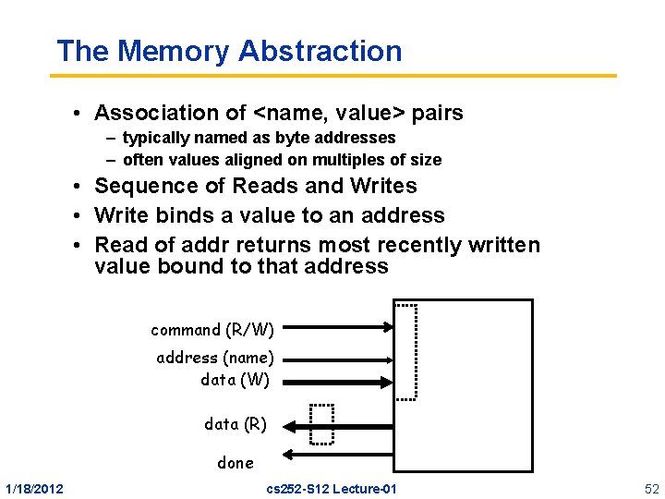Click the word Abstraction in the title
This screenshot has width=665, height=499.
tap(320, 51)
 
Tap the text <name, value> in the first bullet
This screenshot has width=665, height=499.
tap(329, 113)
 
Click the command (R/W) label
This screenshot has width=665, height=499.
tap(212, 330)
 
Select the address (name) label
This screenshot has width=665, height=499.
tap(215, 358)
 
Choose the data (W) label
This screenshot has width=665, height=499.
tap(235, 379)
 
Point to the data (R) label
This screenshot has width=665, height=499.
tap(236, 424)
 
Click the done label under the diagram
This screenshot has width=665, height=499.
tap(235, 463)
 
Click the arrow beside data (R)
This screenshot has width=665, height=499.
tap(342, 426)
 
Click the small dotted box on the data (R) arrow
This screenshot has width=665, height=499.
tap(321, 424)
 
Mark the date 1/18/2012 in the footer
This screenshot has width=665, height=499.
tap(34, 488)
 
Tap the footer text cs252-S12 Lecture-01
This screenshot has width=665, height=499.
tap(331, 488)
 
